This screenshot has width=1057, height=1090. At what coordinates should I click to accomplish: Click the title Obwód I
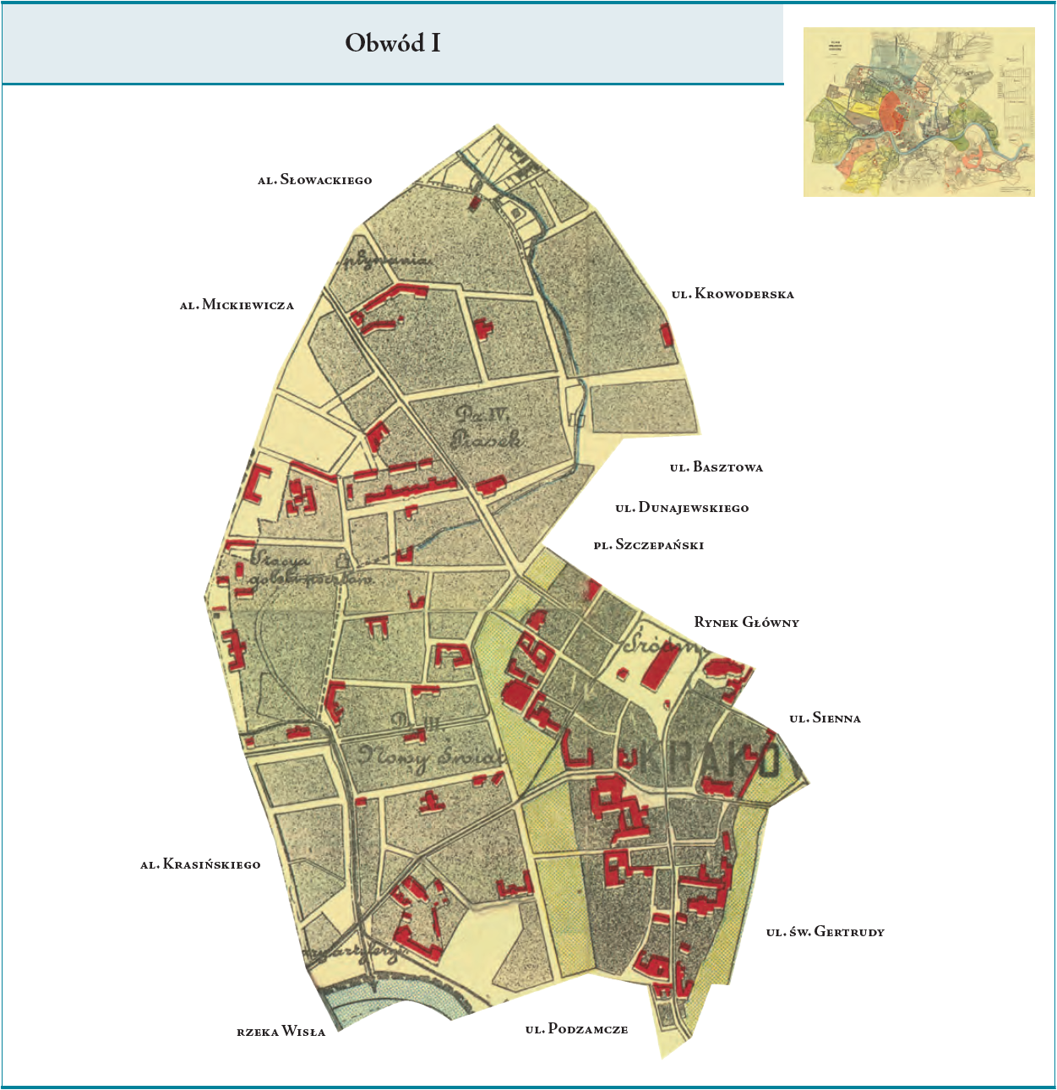click(x=393, y=43)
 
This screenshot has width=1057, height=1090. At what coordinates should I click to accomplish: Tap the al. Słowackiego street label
click(x=314, y=180)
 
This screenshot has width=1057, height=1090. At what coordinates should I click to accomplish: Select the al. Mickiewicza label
click(x=237, y=305)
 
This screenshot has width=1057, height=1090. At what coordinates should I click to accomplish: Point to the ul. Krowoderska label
click(x=733, y=295)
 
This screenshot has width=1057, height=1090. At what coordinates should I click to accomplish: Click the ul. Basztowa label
click(x=716, y=467)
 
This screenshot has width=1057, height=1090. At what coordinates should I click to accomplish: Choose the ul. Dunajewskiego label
click(x=682, y=508)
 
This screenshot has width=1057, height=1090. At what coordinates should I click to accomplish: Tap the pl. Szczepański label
click(x=648, y=545)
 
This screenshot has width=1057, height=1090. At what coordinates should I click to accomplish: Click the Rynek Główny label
click(x=746, y=623)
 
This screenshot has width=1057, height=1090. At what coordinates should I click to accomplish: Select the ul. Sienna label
click(x=825, y=718)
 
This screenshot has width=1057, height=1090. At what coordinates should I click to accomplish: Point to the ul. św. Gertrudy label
click(x=825, y=932)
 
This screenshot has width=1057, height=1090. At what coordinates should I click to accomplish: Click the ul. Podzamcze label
click(x=576, y=1029)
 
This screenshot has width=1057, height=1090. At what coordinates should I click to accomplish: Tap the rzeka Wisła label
click(x=281, y=1032)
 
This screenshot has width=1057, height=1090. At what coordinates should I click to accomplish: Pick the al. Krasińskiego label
click(x=200, y=864)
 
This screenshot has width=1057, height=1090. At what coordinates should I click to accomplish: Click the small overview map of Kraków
click(x=918, y=112)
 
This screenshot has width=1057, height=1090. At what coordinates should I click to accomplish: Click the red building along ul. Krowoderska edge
click(x=667, y=335)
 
